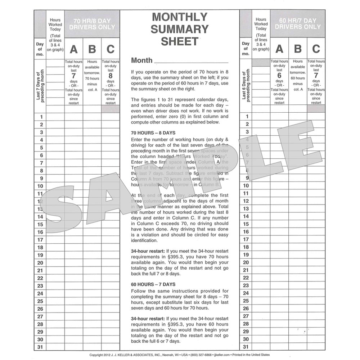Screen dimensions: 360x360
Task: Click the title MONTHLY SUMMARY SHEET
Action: tap(179, 29)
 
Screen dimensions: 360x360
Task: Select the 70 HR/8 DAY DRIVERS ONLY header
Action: tap(92, 24)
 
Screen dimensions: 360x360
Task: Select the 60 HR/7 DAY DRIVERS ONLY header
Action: tap(298, 24)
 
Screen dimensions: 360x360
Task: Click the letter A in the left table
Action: tap(73, 49)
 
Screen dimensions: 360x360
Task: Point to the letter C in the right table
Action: tap(316, 49)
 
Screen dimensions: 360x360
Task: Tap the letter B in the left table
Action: tap(92, 49)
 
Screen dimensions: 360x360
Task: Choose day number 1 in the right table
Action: tap(247, 117)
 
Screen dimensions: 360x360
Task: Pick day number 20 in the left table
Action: tap(40, 263)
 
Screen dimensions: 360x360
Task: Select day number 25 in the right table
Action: tap(246, 301)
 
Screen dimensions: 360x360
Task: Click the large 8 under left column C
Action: tap(111, 76)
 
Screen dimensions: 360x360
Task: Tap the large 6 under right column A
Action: tap(279, 75)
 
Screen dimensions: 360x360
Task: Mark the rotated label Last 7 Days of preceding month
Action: tap(40, 86)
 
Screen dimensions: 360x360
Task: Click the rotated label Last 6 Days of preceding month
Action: tap(246, 86)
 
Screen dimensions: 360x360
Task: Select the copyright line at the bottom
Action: tap(180, 355)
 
